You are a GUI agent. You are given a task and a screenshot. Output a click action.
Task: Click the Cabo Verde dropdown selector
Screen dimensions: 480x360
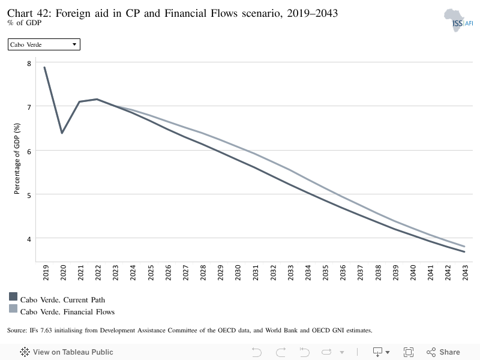(x=44, y=44)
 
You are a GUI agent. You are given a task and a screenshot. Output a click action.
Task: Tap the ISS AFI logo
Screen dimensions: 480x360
(x=458, y=20)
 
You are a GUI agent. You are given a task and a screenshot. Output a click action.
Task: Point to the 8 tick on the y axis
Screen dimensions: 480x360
(x=29, y=64)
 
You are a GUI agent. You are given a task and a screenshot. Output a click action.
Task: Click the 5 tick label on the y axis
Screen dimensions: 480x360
(x=29, y=196)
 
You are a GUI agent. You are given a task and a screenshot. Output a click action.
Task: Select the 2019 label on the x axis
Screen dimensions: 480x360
(x=46, y=272)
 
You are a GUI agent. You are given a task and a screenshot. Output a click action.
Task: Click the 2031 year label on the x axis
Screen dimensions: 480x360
(x=256, y=272)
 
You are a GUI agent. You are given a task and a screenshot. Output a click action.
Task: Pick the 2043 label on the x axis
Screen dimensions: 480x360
(x=466, y=272)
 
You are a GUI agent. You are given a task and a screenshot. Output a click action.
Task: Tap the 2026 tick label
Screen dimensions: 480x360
(x=168, y=272)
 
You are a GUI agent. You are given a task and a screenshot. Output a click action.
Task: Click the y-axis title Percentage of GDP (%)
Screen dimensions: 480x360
(x=17, y=158)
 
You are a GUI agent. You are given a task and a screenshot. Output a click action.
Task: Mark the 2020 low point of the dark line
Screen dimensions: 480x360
(x=62, y=133)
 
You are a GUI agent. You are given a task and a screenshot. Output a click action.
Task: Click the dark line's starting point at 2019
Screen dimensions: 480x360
(x=44, y=67)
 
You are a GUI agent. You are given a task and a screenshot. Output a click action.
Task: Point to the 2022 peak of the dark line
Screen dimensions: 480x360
(x=97, y=99)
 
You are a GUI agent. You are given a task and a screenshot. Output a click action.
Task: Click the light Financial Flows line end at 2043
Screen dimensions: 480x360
(x=464, y=246)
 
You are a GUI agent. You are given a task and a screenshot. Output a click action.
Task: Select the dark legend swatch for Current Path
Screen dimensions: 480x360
(x=13, y=296)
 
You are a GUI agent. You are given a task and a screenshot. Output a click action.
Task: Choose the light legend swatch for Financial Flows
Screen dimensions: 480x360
(x=13, y=308)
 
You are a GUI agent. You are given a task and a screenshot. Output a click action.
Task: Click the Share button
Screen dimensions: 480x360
(x=443, y=352)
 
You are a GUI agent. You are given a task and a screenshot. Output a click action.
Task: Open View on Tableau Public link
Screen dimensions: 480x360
(x=67, y=352)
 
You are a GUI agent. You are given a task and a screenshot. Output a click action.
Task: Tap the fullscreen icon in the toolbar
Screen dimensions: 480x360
(x=409, y=352)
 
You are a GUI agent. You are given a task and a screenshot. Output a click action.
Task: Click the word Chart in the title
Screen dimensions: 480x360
(x=20, y=13)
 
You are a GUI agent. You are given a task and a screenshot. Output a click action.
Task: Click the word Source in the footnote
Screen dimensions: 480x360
(x=17, y=331)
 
